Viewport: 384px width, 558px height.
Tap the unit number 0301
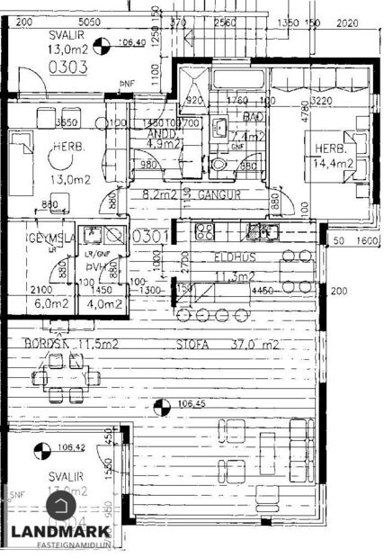(147, 237)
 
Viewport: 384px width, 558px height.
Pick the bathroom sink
(219, 127)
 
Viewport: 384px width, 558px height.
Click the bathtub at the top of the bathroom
(238, 76)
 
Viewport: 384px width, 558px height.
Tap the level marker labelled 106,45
(160, 407)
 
